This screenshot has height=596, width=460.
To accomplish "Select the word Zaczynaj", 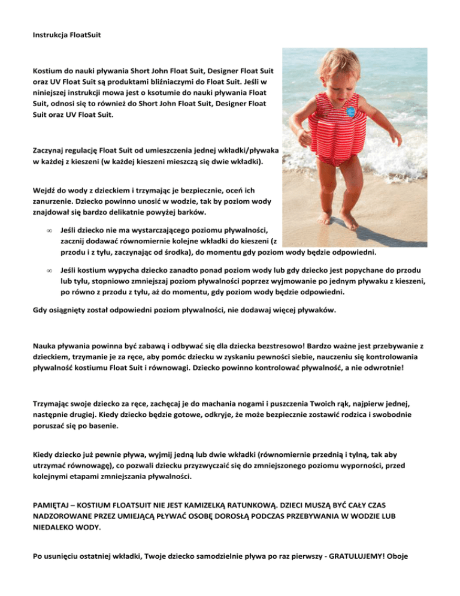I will (x=50, y=150).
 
